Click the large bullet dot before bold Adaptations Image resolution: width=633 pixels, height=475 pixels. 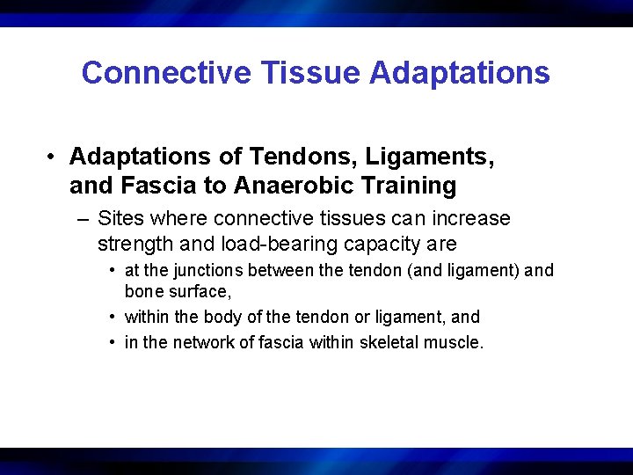tap(54, 157)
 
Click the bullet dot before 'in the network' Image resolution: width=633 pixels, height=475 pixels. tap(114, 342)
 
